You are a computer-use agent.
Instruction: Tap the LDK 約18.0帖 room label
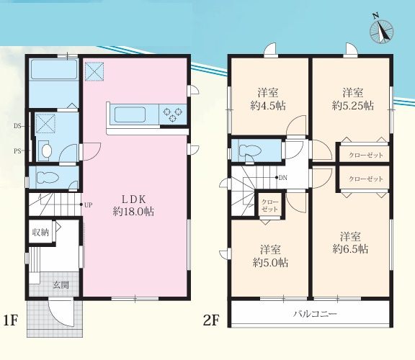(133, 205)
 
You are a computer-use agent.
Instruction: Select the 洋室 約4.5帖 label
(268, 99)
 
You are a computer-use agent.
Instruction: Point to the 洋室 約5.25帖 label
(353, 99)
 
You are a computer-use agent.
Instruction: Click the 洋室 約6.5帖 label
(350, 243)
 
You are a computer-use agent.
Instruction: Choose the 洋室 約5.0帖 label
(270, 256)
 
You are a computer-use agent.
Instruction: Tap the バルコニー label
(315, 314)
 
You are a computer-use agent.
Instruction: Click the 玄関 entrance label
(61, 285)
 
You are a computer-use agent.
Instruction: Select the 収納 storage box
(40, 233)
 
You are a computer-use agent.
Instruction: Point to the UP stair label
(88, 204)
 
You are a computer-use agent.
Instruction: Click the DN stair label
(283, 178)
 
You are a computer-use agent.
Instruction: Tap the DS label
(17, 126)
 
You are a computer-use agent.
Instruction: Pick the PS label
(17, 151)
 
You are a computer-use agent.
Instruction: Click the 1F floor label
(11, 321)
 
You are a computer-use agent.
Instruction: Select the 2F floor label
(211, 321)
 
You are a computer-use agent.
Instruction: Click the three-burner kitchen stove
(173, 114)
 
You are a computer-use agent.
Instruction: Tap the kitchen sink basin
(130, 114)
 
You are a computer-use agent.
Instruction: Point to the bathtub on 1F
(54, 69)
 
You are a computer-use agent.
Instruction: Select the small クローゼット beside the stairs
(269, 205)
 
